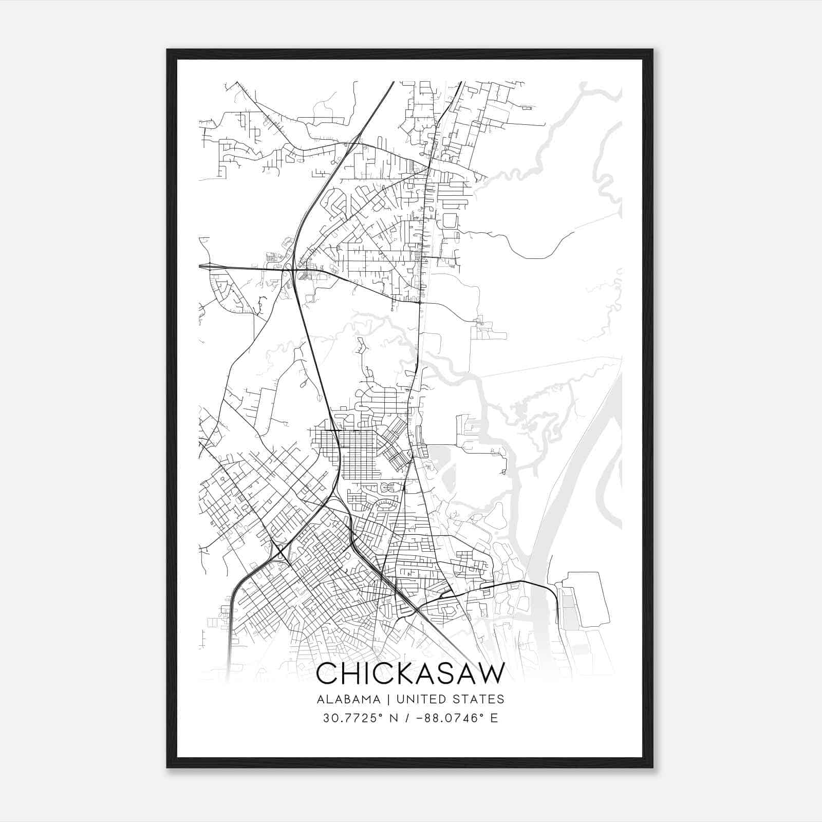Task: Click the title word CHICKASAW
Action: click(410, 674)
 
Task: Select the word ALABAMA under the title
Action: click(349, 699)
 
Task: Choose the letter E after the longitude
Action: click(494, 718)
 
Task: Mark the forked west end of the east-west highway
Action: click(206, 266)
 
